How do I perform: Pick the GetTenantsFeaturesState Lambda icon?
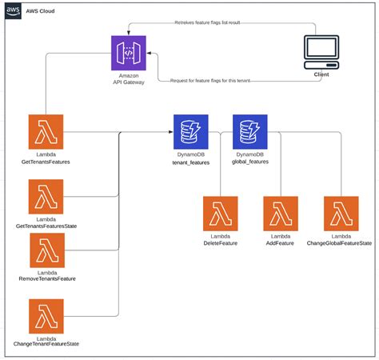46,196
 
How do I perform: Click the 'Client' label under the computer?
321,74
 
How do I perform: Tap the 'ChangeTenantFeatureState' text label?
46,343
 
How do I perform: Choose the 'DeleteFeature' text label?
220,242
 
